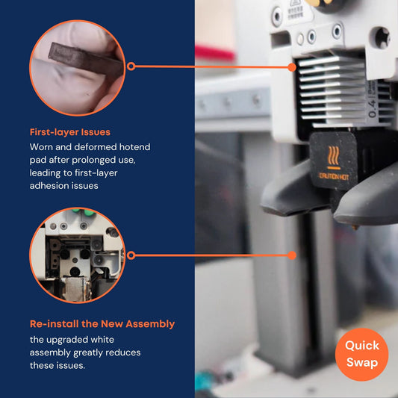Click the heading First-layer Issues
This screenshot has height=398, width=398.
70,132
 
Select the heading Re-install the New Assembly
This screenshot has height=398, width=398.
102,324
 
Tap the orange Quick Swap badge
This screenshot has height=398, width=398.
362,355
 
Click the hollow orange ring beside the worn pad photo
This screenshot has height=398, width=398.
131,66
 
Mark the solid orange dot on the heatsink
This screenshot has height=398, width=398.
292,67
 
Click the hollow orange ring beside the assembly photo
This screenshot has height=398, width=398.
131,255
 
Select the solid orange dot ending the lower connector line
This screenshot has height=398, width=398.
292,255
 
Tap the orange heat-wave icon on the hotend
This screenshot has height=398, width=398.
333,157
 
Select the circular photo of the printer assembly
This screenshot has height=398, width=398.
77,255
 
